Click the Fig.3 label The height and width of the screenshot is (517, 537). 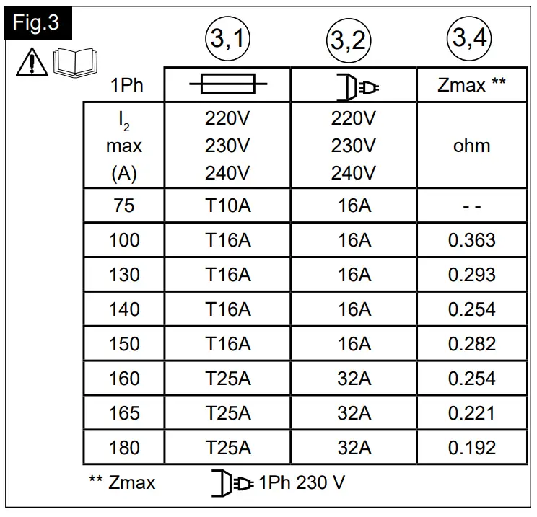tap(36, 23)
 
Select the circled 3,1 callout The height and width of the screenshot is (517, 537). tap(227, 42)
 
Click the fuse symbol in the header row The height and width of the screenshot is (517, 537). tap(227, 86)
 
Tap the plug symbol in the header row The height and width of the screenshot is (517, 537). tap(354, 87)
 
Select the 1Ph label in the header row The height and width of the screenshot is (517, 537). tap(126, 86)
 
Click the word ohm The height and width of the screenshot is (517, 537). tap(472, 146)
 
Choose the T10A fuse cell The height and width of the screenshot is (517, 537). tap(227, 206)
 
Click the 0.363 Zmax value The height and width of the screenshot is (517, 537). tap(472, 240)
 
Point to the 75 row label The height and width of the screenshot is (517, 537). tap(124, 206)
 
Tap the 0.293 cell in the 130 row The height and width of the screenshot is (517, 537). tap(472, 275)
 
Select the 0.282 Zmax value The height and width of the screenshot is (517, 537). tap(472, 344)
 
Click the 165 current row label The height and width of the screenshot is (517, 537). tap(124, 413)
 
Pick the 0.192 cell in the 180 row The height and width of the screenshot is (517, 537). tap(472, 448)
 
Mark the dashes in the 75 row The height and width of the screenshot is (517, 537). tap(472, 206)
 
